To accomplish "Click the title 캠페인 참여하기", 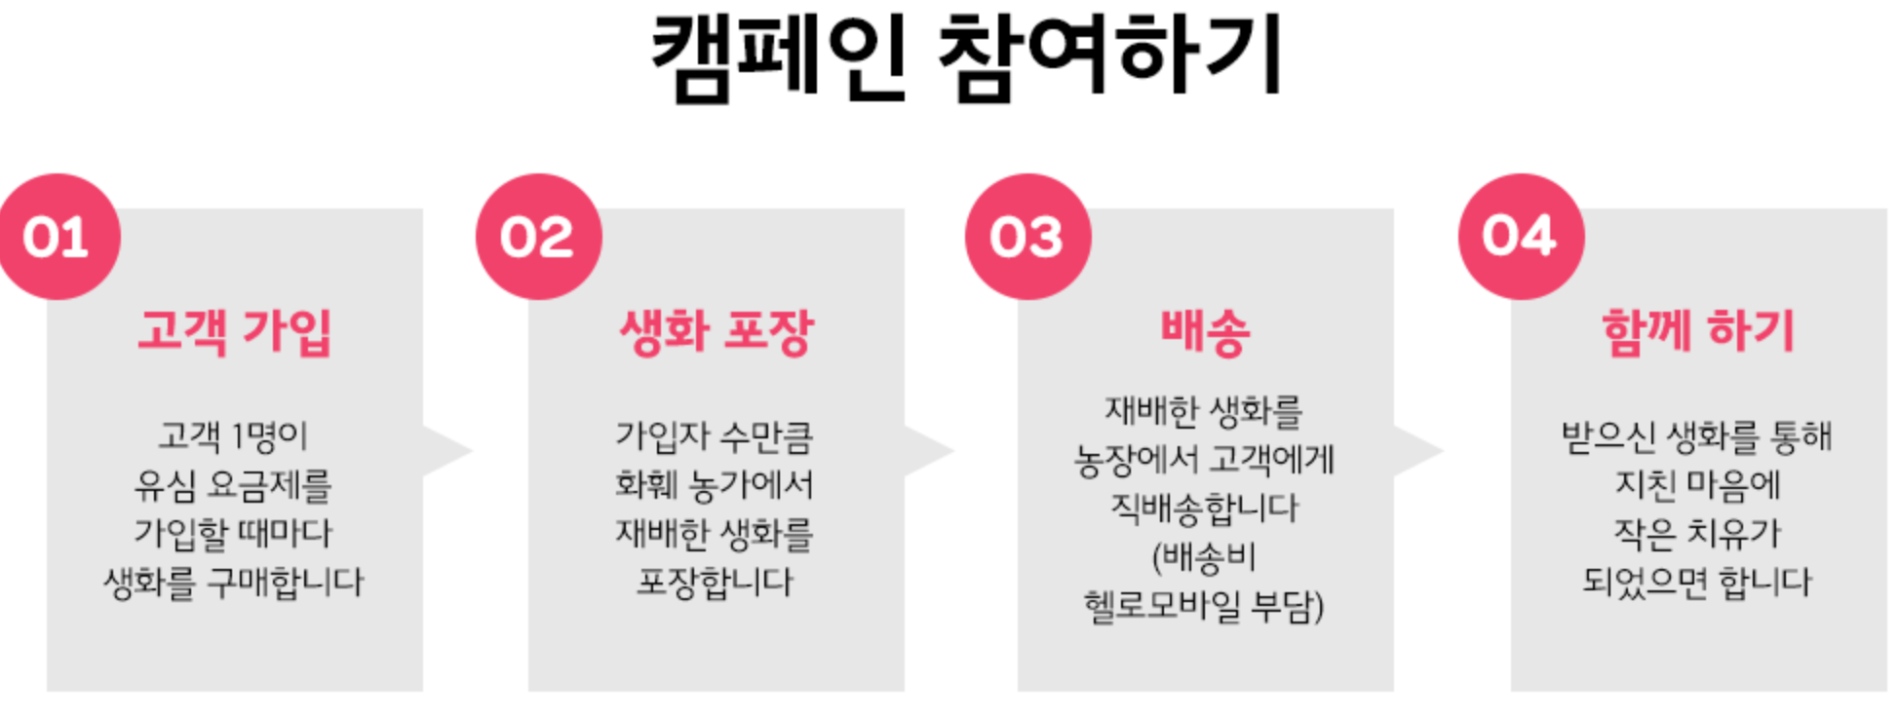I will coord(965,57).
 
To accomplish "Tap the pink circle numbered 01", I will coord(58,237).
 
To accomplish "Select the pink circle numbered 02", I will coord(538,237).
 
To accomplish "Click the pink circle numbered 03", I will coord(1027,237).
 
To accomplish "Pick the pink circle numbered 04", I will coord(1521,237).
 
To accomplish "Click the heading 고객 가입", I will coord(234,332).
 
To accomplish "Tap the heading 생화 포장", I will coord(717,332).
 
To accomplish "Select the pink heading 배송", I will coord(1205,332).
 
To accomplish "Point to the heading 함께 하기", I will coord(1697,332).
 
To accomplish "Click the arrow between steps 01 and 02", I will coord(446,451).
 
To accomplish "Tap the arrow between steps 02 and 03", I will coord(928,451).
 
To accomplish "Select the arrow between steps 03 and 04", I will coord(1417,451).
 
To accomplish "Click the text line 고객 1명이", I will coord(234,435).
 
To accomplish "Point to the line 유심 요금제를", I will coord(234,484).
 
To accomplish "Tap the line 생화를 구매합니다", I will coord(234,583).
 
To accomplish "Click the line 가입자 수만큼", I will coord(715,435).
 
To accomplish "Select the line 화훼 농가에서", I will coord(715,484).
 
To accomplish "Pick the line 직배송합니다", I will coord(1205,509).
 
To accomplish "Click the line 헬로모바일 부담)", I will coord(1205,606).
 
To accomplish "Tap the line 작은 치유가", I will coord(1697,533).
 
